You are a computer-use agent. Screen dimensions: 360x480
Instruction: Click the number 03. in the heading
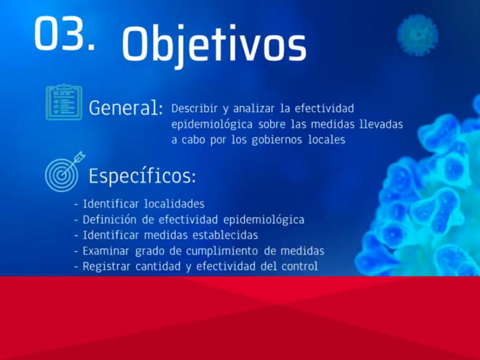click(63, 34)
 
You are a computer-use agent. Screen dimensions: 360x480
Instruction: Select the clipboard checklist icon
click(64, 102)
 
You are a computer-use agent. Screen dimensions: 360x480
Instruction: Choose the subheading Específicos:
click(142, 176)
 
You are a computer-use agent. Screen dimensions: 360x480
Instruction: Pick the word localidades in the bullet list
click(174, 204)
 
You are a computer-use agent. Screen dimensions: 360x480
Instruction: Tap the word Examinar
click(106, 251)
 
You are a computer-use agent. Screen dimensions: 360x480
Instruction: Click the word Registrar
click(107, 266)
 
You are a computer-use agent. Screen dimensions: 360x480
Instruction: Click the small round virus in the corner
click(417, 34)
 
